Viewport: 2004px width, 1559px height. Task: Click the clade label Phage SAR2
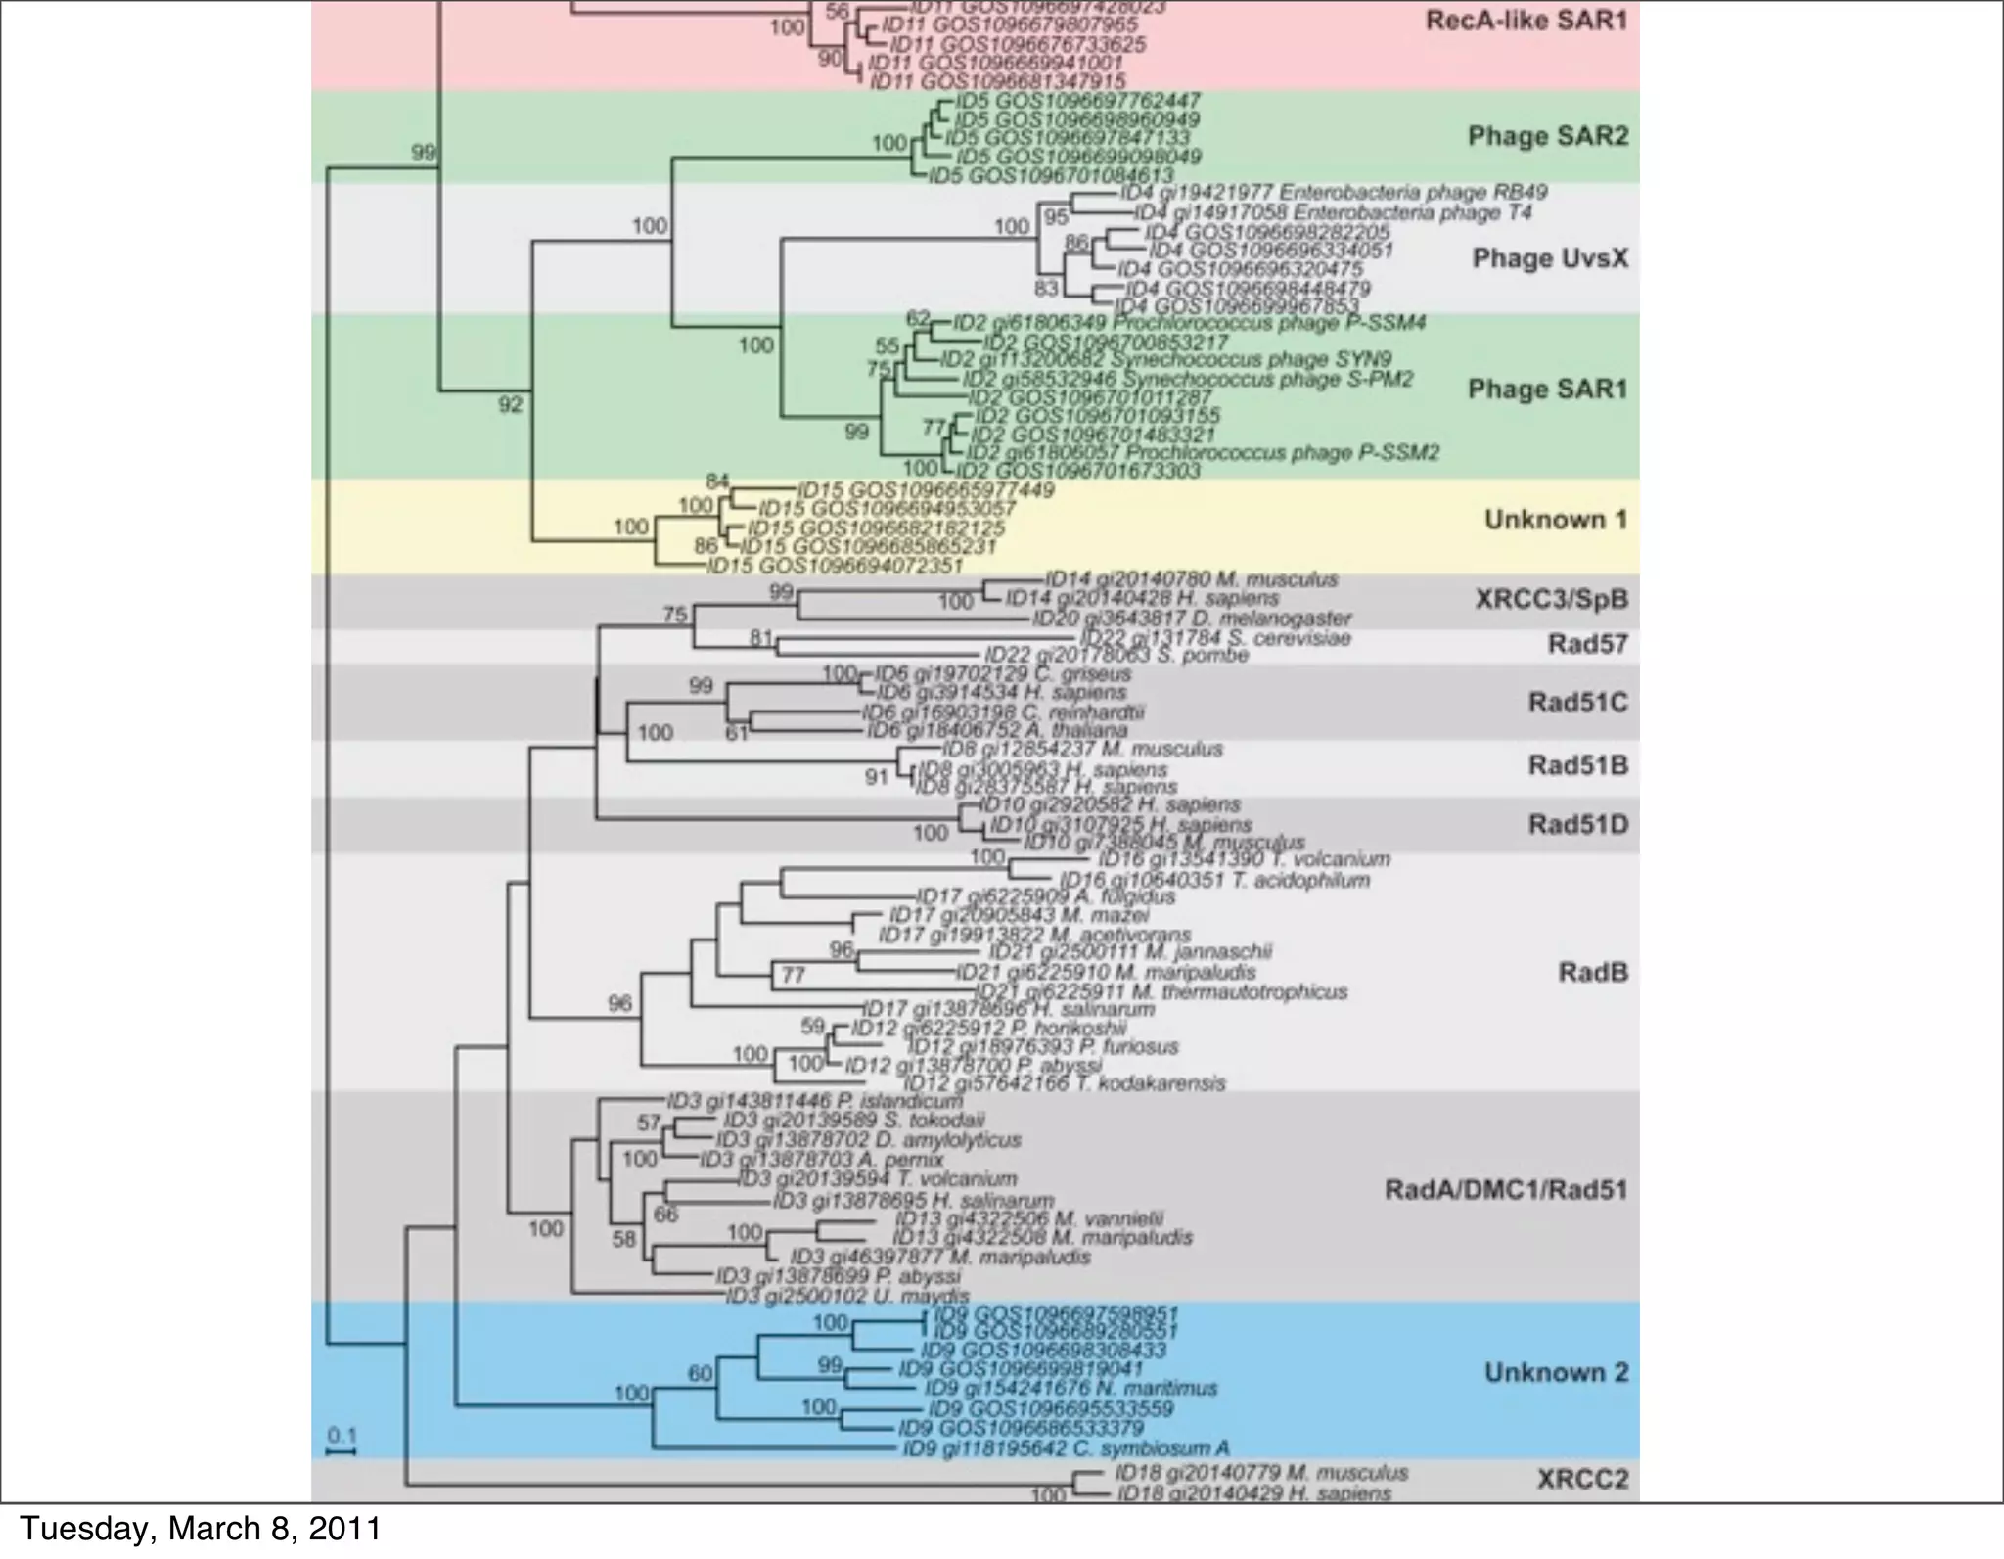pyautogui.click(x=1548, y=136)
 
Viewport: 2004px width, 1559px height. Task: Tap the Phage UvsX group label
pyautogui.click(x=1550, y=258)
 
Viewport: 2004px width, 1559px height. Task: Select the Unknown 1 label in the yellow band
pyautogui.click(x=1556, y=520)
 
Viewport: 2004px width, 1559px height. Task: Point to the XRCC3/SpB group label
pyautogui.click(x=1551, y=599)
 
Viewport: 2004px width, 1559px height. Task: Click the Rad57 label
pyautogui.click(x=1587, y=644)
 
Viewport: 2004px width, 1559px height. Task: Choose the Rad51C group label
pyautogui.click(x=1577, y=703)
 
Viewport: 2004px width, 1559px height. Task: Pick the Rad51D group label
pyautogui.click(x=1577, y=824)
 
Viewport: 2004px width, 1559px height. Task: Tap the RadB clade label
pyautogui.click(x=1592, y=972)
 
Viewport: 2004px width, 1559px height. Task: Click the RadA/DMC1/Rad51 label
pyautogui.click(x=1506, y=1190)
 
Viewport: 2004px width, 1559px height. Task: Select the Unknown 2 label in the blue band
pyautogui.click(x=1556, y=1373)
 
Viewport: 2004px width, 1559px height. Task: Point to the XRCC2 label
pyautogui.click(x=1582, y=1479)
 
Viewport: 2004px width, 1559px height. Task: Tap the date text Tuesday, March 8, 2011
pyautogui.click(x=201, y=1529)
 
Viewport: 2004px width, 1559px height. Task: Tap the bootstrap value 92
pyautogui.click(x=511, y=404)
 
